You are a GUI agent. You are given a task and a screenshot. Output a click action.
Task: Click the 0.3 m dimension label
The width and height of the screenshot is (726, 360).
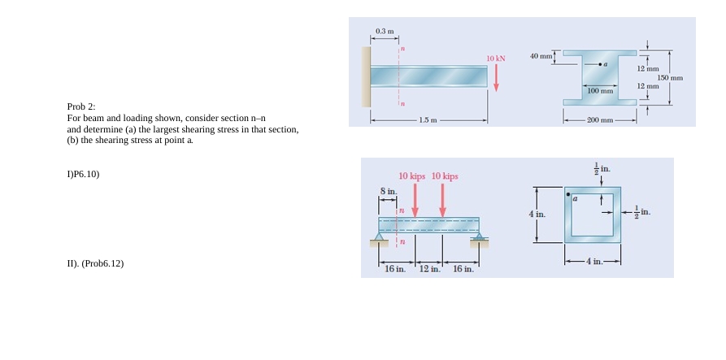tap(385, 31)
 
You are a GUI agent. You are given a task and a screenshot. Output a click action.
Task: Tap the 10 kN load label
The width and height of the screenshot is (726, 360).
tap(496, 59)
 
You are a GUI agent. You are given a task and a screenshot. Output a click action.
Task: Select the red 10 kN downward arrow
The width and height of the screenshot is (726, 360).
tap(496, 77)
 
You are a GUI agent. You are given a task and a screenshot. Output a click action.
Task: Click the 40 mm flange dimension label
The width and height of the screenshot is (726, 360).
tap(541, 56)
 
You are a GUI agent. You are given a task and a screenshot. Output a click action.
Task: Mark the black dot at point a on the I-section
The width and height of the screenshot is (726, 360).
tap(600, 63)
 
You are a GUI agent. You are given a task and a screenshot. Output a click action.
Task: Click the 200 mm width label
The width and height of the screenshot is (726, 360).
tap(599, 121)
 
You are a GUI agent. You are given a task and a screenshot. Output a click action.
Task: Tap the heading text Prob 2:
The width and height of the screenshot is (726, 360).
tap(81, 106)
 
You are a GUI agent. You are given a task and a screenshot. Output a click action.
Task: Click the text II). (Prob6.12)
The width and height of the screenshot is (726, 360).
tap(95, 263)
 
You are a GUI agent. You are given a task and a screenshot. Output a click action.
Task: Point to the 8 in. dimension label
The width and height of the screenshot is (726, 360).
tap(389, 191)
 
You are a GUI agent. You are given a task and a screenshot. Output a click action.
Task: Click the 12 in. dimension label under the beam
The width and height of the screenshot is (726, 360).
tap(429, 269)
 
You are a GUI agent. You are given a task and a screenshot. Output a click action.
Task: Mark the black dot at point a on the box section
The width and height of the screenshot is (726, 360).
tap(568, 193)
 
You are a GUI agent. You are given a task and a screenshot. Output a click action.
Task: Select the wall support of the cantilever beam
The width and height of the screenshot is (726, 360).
tap(366, 76)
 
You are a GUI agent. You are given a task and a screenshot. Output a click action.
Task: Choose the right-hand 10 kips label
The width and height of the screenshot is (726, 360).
tap(446, 176)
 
